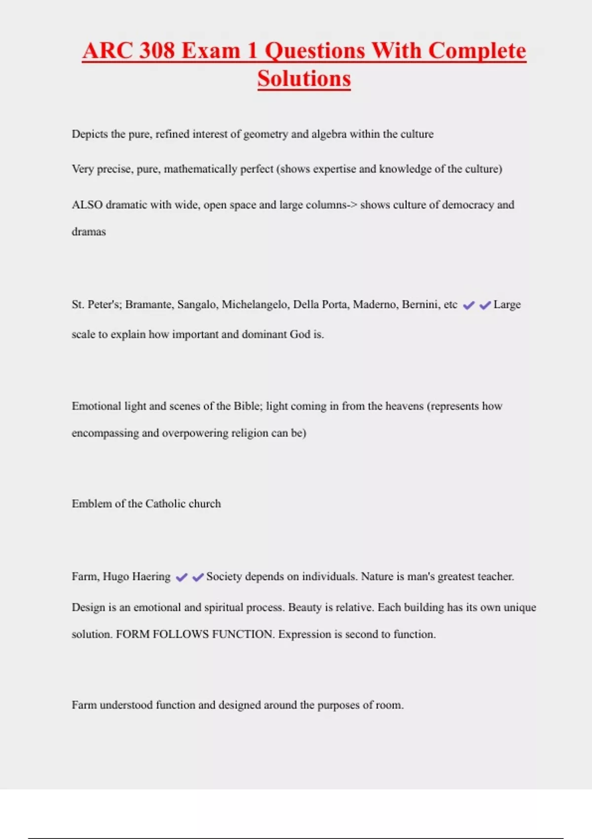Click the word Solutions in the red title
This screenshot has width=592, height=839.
[304, 79]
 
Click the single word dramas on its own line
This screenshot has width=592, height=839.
[89, 232]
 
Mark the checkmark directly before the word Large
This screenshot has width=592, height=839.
[485, 305]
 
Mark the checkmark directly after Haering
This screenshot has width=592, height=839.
[182, 577]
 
